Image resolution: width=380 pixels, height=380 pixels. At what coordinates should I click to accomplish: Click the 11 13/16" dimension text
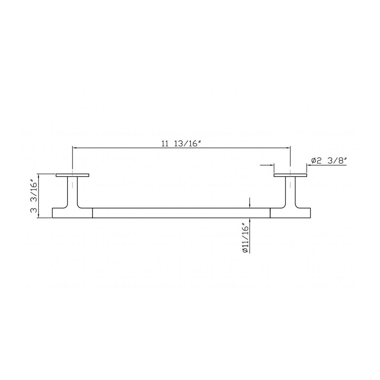[x=181, y=144]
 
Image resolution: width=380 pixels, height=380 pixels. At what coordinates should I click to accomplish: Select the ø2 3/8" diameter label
[x=329, y=161]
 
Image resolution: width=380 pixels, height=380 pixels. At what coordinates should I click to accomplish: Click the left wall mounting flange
[x=72, y=175]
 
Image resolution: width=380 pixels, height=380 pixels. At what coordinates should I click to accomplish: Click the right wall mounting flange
[x=290, y=175]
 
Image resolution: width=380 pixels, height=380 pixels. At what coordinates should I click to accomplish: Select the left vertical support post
[x=72, y=191]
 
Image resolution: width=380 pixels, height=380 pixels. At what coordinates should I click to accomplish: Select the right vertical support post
[x=290, y=191]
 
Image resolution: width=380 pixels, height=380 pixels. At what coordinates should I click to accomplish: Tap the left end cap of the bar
[x=72, y=213]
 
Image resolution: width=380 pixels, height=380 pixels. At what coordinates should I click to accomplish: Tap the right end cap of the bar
[x=290, y=213]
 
